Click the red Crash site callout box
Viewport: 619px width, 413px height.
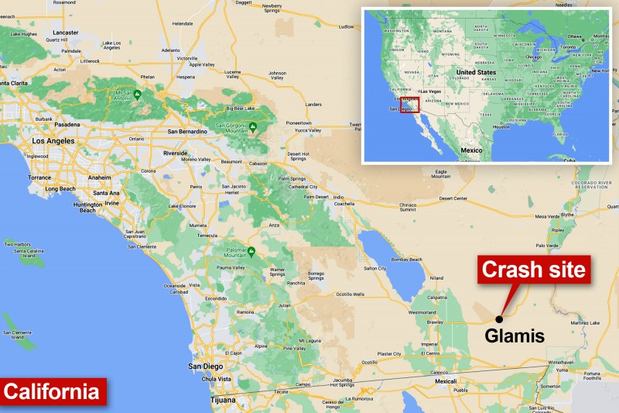534,270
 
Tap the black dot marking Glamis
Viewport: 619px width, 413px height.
499,318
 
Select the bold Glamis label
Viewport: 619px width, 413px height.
515,336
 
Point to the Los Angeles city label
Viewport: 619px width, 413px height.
53,141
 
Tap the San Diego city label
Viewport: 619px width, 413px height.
206,366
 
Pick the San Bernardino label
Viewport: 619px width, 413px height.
187,131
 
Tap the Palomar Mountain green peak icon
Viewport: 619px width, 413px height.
251,251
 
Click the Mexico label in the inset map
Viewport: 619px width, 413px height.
471,145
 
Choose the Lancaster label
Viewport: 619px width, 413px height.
66,33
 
